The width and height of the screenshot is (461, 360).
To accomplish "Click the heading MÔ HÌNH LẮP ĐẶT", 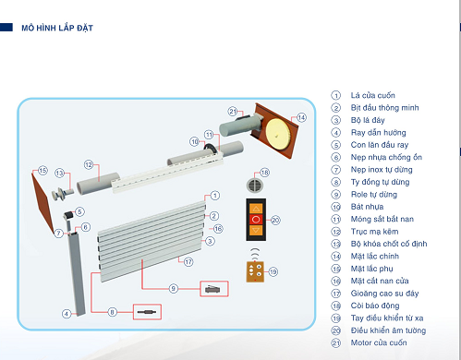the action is pos(57,28).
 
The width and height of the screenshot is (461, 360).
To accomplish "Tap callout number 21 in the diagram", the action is pos(233,111).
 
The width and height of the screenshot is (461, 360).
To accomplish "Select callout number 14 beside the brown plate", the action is pos(301,117).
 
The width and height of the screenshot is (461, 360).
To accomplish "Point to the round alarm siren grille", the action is pos(255,185).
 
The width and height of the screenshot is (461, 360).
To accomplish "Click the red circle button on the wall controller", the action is pos(256,220).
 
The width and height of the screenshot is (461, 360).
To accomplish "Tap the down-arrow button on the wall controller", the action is pos(256,230).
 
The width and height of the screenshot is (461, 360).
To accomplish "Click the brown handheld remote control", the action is pos(255,271).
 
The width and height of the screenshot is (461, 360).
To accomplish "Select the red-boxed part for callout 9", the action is pos(214,289).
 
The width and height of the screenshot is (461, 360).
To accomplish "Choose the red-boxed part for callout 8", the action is pos(147,312).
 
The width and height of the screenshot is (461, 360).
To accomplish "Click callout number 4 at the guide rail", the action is pos(67,314).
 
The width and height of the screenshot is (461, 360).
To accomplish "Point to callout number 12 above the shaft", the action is pos(89,165).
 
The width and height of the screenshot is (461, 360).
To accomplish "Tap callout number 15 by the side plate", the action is pos(42,170).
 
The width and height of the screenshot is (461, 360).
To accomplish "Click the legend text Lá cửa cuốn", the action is pos(372,95).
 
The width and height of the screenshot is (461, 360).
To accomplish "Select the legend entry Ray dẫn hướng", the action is pos(378,133).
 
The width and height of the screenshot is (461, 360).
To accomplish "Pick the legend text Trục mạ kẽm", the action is pos(374,232).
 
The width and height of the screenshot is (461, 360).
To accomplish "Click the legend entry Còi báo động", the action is pos(375,306).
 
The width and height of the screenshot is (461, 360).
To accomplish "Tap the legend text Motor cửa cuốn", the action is pos(379,342).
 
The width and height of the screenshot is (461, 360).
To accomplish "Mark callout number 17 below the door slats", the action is pos(188,262).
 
